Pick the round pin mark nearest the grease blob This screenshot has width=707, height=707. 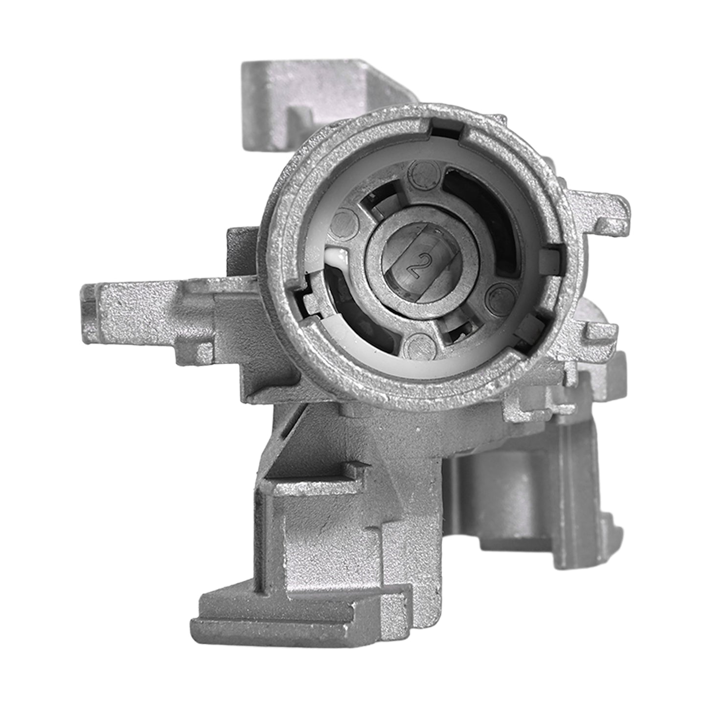344,224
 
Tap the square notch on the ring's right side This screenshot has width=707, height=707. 551,259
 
